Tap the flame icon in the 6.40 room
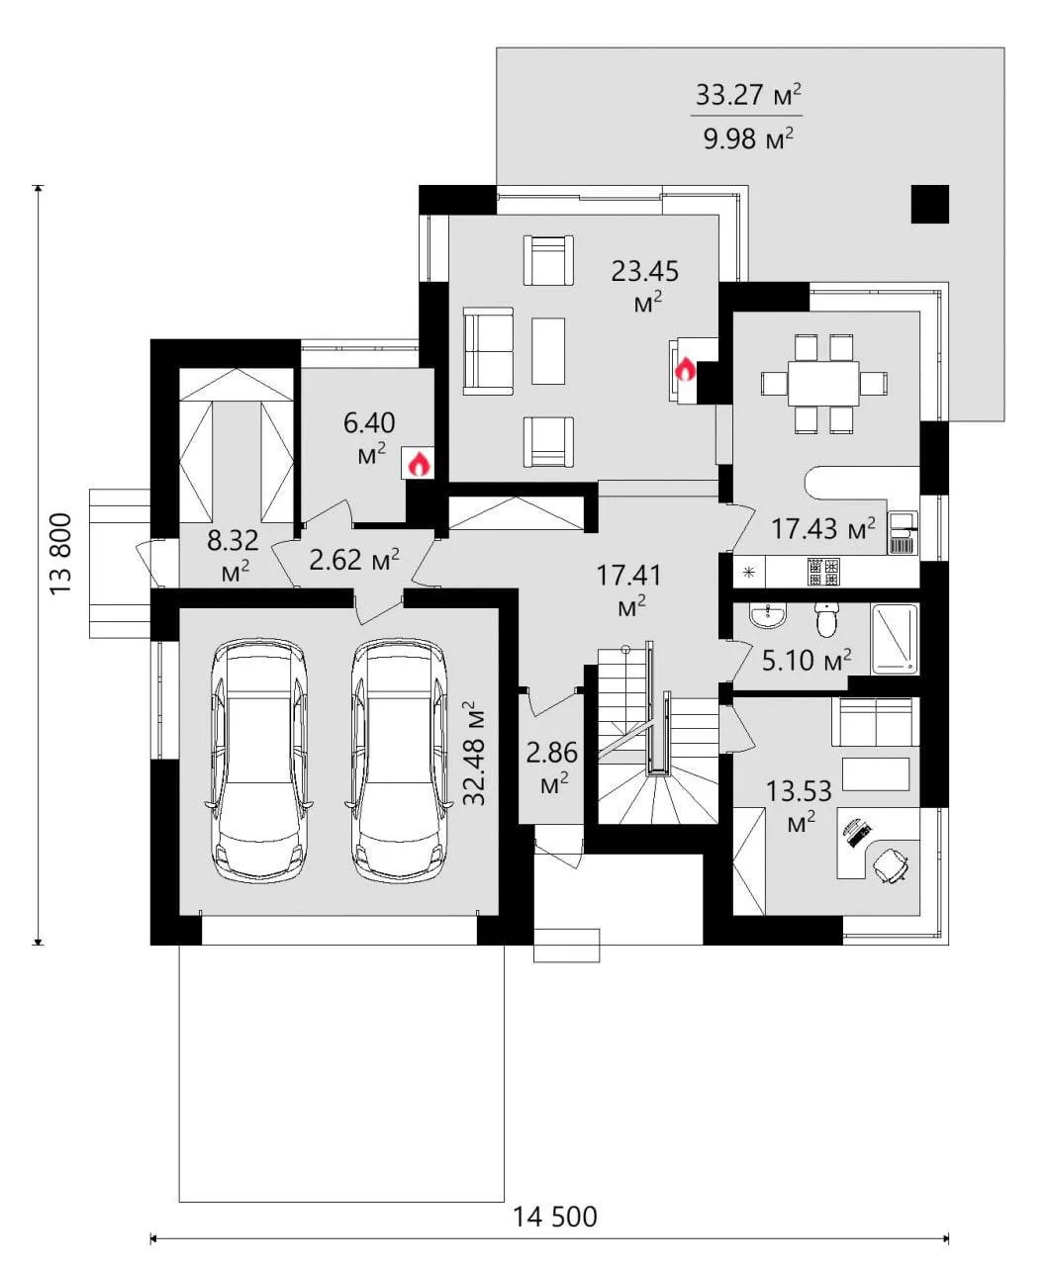click(x=419, y=464)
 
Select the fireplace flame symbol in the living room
click(x=686, y=368)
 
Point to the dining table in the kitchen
click(x=823, y=383)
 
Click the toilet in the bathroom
click(x=826, y=620)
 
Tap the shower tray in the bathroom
click(x=895, y=639)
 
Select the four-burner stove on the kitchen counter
click(x=823, y=571)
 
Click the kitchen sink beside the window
click(x=903, y=532)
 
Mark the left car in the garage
click(x=258, y=761)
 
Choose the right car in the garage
click(x=399, y=761)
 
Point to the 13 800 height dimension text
click(x=61, y=554)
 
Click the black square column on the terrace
click(x=930, y=204)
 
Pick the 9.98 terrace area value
click(x=748, y=138)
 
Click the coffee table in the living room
click(x=548, y=351)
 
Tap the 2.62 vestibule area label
click(x=354, y=560)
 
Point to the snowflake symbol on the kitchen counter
click(x=749, y=571)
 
